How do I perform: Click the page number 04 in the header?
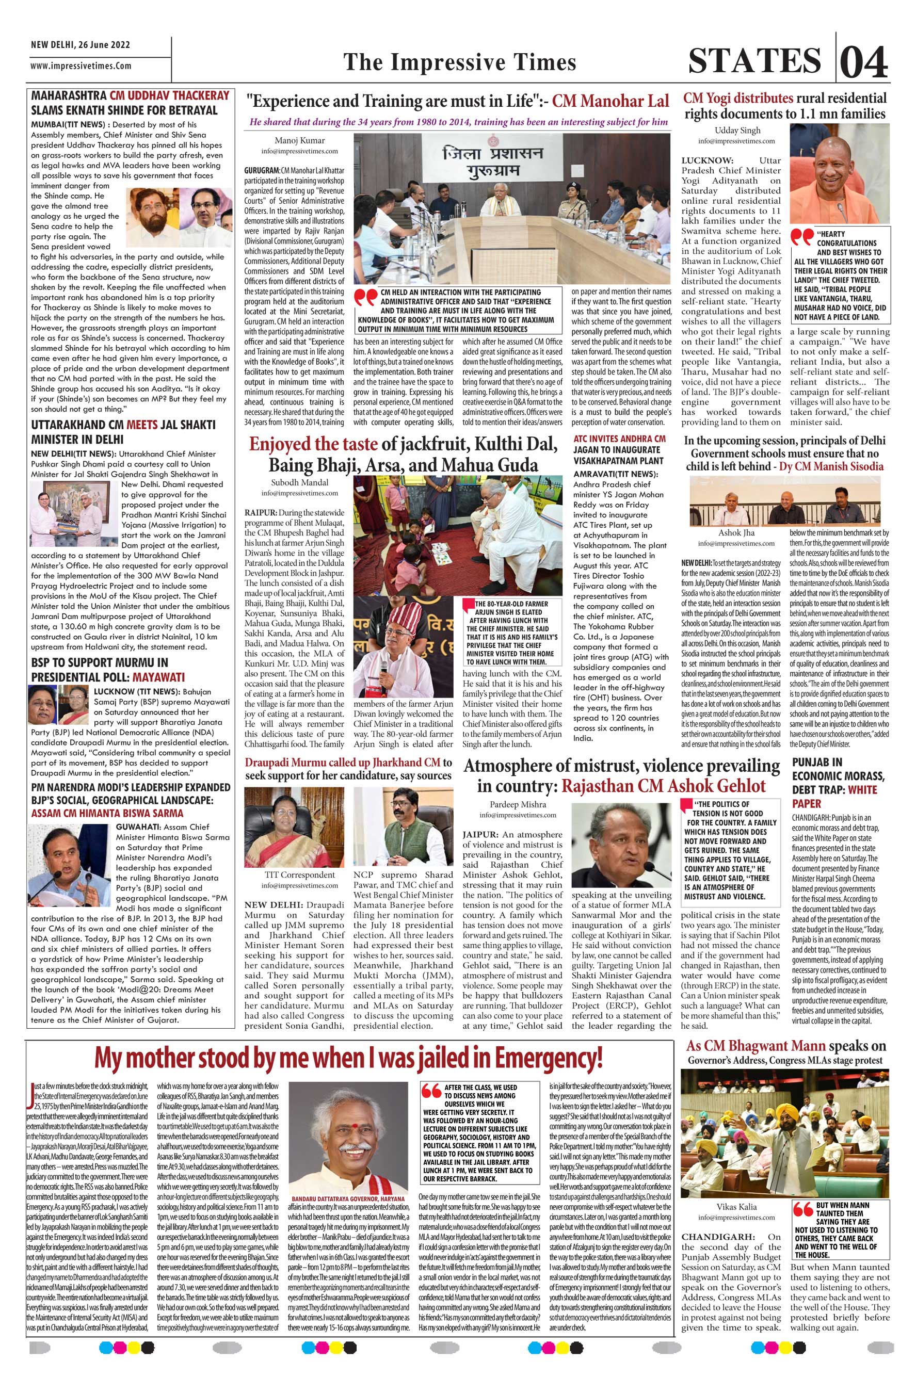click(864, 61)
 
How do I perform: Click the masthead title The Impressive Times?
click(459, 62)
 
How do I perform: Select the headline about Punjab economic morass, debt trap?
click(838, 783)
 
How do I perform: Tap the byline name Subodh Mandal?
click(299, 482)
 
